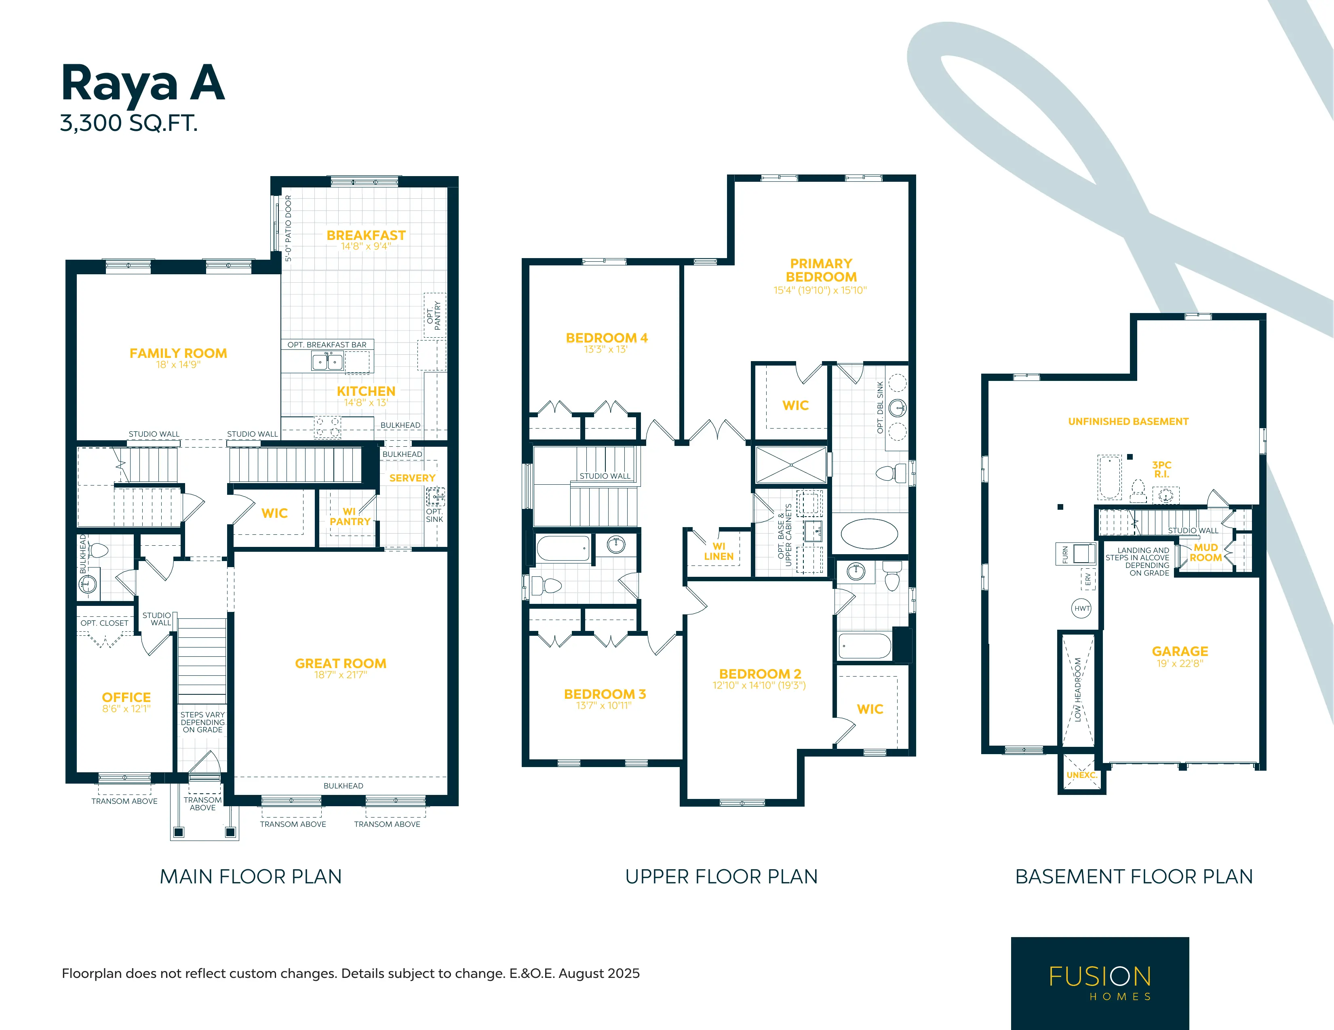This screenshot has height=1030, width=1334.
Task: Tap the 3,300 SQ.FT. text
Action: (129, 123)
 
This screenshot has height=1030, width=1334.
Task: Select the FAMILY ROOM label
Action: (178, 353)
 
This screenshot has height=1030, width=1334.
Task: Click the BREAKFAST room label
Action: (366, 235)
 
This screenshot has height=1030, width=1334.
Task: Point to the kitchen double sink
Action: (327, 362)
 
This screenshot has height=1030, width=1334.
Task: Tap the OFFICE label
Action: (126, 697)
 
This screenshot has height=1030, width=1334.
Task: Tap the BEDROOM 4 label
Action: (607, 338)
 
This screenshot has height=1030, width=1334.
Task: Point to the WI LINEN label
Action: (719, 551)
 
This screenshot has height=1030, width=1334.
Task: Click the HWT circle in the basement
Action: (1082, 608)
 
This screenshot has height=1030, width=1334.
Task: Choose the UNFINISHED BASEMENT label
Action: (1128, 421)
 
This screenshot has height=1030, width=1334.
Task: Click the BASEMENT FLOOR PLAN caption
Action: (1134, 877)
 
